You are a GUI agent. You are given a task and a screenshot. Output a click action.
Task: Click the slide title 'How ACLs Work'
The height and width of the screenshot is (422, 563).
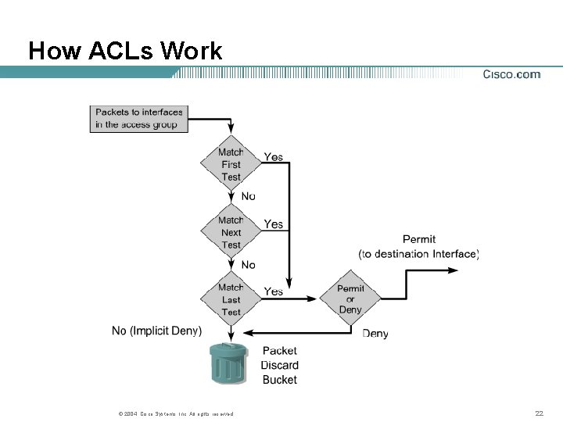(125, 52)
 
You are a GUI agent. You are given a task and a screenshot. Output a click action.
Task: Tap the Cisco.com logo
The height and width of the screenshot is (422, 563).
(511, 74)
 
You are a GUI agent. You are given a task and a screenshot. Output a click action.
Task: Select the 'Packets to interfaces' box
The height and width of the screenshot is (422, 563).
(141, 118)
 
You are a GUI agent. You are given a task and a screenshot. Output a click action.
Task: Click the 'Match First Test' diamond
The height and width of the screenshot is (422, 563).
(231, 165)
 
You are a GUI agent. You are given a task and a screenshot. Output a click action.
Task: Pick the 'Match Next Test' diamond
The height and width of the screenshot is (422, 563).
(231, 232)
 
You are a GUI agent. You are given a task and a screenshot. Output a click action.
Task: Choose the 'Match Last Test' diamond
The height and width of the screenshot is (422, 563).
(231, 299)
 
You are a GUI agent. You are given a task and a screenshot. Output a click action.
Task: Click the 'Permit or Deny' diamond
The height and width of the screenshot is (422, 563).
(350, 299)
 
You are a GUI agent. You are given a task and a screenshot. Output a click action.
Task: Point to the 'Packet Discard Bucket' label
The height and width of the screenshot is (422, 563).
(279, 365)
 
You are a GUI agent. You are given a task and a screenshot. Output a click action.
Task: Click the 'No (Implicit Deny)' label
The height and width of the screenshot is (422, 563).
(156, 331)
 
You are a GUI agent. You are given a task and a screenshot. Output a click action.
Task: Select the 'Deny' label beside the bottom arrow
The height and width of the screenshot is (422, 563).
(375, 334)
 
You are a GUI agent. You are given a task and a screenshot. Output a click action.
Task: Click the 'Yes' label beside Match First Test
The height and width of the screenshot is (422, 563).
(274, 157)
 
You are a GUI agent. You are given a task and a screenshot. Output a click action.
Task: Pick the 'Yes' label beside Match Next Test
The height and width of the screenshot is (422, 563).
(274, 224)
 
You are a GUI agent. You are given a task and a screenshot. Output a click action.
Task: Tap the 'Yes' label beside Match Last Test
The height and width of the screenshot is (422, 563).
(274, 291)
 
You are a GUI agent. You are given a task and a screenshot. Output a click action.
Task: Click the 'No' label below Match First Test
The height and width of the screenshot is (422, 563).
(248, 196)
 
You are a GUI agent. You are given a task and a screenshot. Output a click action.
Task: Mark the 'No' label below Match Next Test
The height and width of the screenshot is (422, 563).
(248, 265)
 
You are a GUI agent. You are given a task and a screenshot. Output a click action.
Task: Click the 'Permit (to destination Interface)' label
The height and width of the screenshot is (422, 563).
(418, 246)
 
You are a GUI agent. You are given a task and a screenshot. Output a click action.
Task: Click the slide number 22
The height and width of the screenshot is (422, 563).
(539, 413)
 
